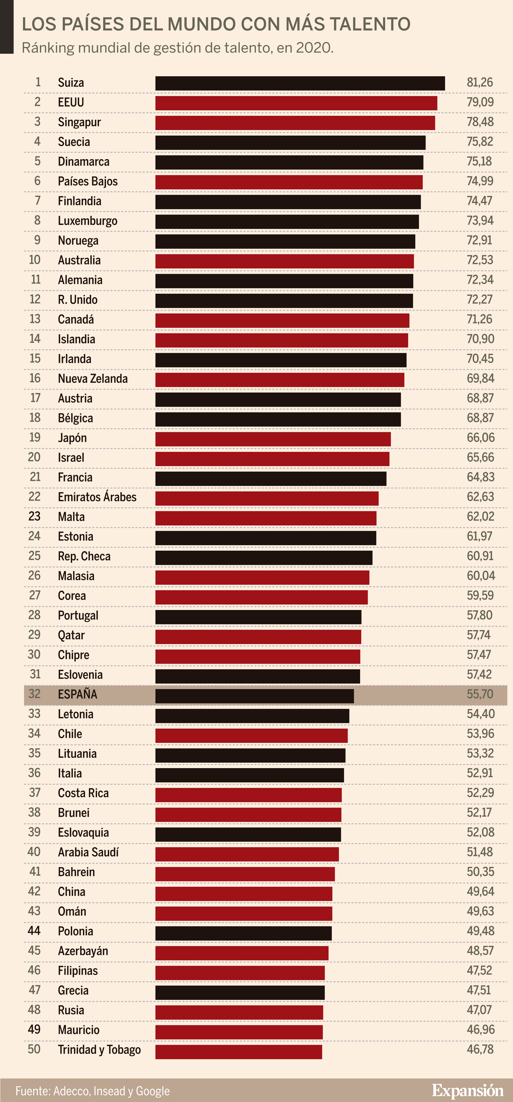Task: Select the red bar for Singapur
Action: click(x=295, y=123)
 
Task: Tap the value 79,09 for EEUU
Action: click(x=480, y=102)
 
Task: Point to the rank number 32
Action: click(x=34, y=694)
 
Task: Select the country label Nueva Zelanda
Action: click(x=93, y=379)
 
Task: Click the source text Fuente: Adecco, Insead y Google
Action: click(x=93, y=1091)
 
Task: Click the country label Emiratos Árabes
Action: click(x=97, y=497)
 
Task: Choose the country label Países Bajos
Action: click(x=88, y=181)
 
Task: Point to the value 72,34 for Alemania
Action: click(x=480, y=280)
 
